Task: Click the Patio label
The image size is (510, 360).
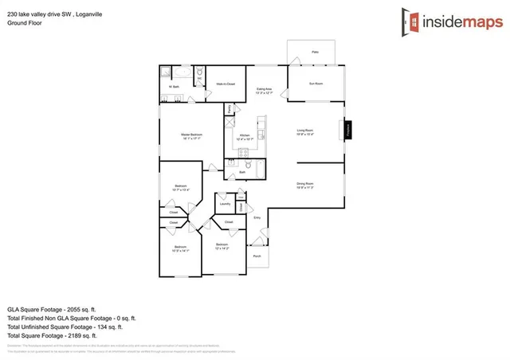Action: point(315,53)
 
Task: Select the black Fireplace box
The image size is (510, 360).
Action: point(348,131)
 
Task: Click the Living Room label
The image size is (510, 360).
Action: point(305,131)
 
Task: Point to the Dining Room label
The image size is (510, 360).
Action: point(305,185)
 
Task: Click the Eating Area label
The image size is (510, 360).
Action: point(264,90)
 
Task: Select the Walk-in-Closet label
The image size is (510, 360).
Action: point(226,84)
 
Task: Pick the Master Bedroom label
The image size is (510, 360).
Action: point(191,136)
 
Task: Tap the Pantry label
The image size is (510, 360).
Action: point(230,108)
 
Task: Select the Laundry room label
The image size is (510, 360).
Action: point(225,203)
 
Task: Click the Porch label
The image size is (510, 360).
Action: point(257,256)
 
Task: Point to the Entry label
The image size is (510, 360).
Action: point(257,217)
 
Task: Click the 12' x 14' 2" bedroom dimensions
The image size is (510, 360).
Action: point(222,248)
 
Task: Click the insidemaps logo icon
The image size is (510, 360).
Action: point(407,23)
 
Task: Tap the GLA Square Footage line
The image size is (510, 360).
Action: point(51,308)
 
